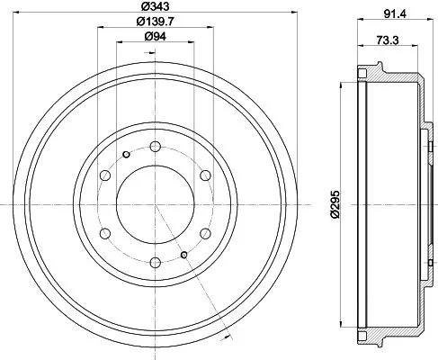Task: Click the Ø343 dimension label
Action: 156,8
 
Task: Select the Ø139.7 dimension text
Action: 156,22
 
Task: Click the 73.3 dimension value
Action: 389,41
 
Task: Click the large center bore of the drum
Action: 155,205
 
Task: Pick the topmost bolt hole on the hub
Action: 155,147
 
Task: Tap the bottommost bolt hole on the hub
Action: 155,263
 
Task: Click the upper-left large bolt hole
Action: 104,176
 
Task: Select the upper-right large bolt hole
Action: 205,176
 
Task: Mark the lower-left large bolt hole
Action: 104,234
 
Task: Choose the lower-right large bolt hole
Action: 205,234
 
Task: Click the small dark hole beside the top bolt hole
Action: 126,156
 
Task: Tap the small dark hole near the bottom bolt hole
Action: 183,256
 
